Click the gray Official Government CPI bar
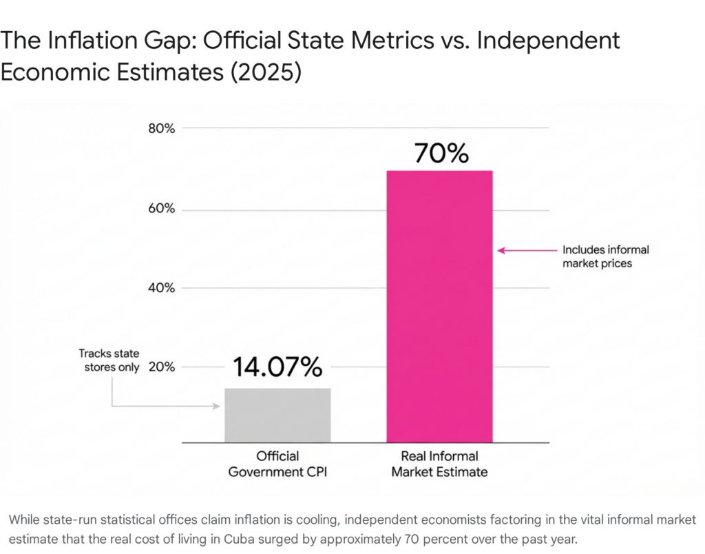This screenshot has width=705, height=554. (277, 415)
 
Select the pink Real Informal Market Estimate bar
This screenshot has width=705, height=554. (439, 306)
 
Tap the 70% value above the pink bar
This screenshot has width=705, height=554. (441, 153)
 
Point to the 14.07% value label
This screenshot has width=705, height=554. (277, 368)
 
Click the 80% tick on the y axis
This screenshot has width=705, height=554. (162, 129)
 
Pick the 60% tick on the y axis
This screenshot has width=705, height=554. (162, 209)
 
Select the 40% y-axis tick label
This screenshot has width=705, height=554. (162, 288)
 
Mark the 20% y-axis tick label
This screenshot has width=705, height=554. (162, 367)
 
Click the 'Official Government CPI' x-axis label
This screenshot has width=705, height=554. (277, 464)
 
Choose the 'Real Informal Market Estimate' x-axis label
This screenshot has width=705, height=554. (439, 464)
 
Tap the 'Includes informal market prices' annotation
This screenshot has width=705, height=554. (606, 256)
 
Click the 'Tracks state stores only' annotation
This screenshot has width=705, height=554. (109, 360)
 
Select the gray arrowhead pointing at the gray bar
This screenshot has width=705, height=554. (216, 407)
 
